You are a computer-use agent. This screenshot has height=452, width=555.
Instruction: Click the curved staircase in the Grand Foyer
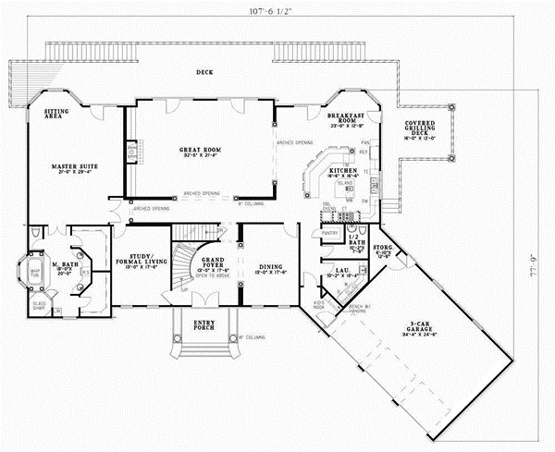pyautogui.click(x=191, y=263)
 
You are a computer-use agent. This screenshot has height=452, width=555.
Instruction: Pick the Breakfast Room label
pyautogui.click(x=346, y=118)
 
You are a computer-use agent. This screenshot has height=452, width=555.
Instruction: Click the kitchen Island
pyautogui.click(x=346, y=184)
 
